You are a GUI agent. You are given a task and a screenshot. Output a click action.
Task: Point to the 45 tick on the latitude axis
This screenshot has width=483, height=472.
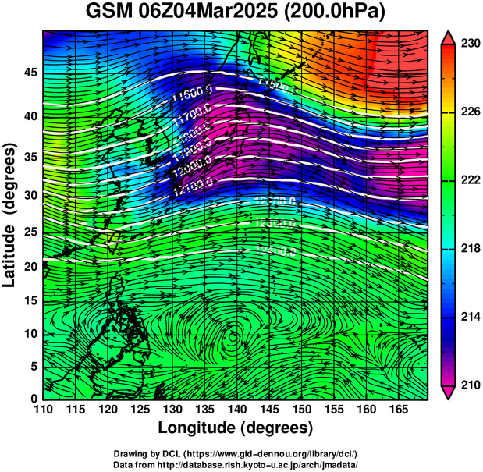pyautogui.click(x=27, y=72)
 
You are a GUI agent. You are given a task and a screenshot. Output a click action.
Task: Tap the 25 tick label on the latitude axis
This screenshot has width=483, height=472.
pyautogui.click(x=27, y=232)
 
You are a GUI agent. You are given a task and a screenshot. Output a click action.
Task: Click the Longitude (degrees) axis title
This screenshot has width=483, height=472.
pyautogui.click(x=236, y=428)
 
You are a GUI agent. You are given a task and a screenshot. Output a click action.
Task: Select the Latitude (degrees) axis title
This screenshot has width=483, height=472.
pyautogui.click(x=11, y=215)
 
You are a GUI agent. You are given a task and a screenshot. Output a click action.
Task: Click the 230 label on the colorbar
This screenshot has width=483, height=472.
pyautogui.click(x=467, y=44)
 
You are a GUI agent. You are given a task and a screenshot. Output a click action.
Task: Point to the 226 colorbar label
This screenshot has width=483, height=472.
pyautogui.click(x=467, y=112)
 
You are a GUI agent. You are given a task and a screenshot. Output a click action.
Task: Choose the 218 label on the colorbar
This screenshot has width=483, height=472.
pyautogui.click(x=467, y=249)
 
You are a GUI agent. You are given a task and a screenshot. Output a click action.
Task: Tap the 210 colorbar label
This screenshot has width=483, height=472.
pyautogui.click(x=467, y=385)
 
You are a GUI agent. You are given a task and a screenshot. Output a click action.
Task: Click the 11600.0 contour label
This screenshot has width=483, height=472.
pyautogui.click(x=191, y=98)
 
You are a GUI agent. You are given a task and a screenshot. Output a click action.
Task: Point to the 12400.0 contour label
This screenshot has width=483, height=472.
pyautogui.click(x=275, y=250)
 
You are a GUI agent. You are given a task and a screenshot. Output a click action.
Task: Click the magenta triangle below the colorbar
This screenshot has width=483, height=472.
pyautogui.click(x=448, y=393)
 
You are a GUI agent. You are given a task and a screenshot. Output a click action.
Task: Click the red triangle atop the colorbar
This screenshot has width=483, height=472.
pyautogui.click(x=448, y=37)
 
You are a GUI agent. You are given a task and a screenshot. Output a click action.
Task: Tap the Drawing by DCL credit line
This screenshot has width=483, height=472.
pyautogui.click(x=236, y=453)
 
